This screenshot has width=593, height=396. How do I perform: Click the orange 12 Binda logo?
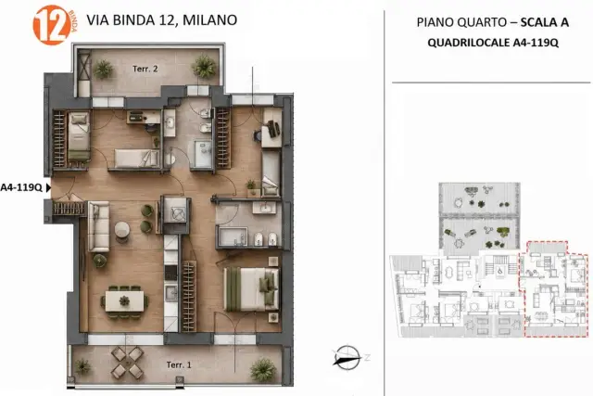(54, 25)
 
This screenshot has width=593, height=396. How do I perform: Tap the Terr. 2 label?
(145, 69)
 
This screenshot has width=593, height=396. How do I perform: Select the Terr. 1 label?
(179, 364)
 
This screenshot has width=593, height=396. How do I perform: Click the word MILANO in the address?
(210, 20)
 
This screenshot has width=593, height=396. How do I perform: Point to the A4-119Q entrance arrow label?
(21, 187)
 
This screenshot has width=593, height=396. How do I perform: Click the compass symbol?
(347, 357)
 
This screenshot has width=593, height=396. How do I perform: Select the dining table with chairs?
(124, 301)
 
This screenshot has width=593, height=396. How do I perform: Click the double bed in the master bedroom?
(251, 289)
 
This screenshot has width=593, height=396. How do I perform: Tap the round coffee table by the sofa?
(121, 230)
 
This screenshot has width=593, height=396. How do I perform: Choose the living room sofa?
(99, 227)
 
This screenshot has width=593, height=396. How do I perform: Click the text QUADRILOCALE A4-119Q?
(493, 43)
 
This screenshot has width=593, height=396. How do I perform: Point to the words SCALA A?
(545, 22)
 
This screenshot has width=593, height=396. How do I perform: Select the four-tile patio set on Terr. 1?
(127, 363)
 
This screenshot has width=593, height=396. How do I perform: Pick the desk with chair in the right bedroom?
(271, 129)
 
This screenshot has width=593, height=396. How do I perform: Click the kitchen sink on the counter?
(170, 293)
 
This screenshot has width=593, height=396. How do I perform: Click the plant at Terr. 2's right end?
(204, 67)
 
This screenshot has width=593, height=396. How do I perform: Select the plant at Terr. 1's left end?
(82, 367)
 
